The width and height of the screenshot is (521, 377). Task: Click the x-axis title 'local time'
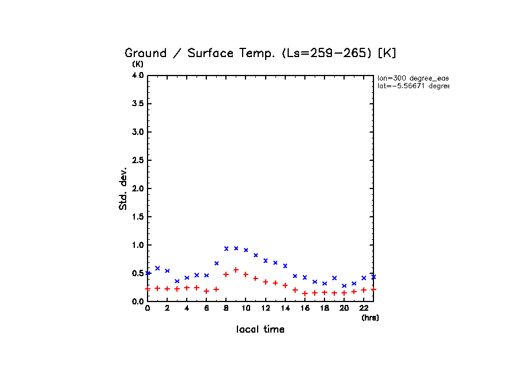tap(260, 330)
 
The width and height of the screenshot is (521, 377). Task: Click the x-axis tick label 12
tap(265, 308)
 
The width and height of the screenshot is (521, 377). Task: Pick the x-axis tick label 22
tap(363, 308)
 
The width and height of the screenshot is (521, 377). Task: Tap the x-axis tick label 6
tap(206, 308)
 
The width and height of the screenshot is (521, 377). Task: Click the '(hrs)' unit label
tap(370, 318)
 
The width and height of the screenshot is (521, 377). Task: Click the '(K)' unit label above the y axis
tap(138, 64)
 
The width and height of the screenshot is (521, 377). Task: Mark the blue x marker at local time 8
tap(226, 248)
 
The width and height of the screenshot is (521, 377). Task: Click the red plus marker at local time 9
tap(236, 270)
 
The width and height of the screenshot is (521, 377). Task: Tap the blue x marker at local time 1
tap(157, 268)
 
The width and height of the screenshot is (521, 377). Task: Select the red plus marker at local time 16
tap(305, 293)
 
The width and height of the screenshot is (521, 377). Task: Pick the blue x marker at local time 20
tap(344, 286)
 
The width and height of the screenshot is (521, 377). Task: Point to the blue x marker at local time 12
tap(265, 261)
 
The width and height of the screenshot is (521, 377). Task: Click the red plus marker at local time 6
tap(206, 291)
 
